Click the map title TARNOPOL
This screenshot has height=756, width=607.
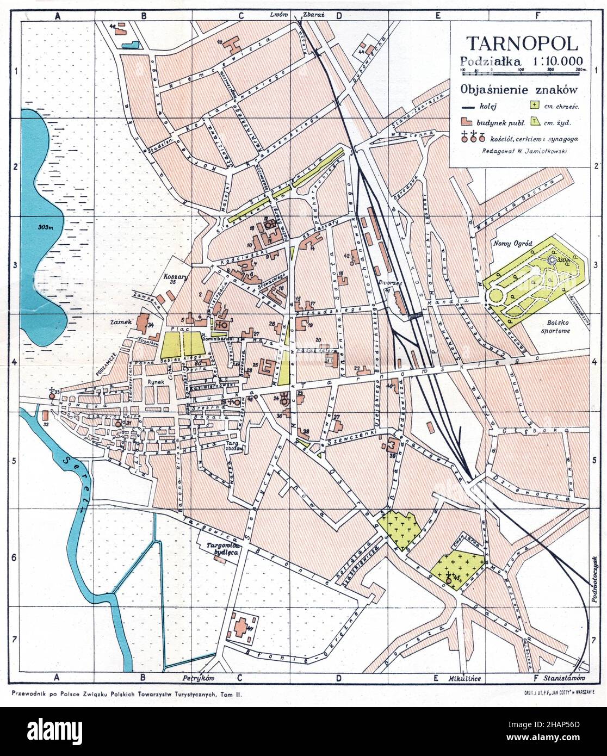click(x=521, y=44)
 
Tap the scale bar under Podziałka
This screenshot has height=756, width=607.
click(x=521, y=70)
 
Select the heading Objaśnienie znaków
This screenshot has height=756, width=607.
click(x=518, y=90)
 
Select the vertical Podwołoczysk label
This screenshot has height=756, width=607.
click(x=595, y=580)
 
